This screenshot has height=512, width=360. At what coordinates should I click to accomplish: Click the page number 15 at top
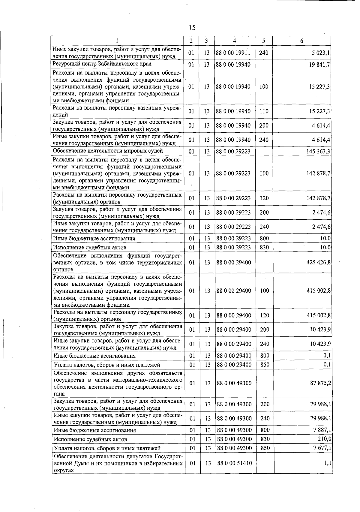click(x=192, y=28)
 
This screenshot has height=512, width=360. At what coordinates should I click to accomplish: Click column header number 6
click(x=301, y=41)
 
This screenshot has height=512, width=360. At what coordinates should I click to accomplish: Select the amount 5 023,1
click(x=320, y=53)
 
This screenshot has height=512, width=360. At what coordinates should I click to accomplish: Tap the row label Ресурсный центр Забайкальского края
click(x=102, y=64)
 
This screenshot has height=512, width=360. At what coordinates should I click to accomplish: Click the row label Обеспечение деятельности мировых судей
click(x=108, y=151)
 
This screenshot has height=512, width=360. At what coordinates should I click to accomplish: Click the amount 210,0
click(x=324, y=439)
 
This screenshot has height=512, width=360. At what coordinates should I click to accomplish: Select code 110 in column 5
click(x=264, y=111)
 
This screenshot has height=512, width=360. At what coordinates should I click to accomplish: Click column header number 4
click(x=234, y=41)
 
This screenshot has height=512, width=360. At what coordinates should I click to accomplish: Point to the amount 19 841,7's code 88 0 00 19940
click(x=233, y=65)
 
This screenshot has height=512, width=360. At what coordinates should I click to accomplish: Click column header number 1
click(x=117, y=41)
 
